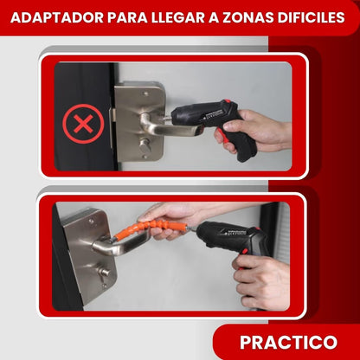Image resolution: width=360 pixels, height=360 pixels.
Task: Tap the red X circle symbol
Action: (x=83, y=124)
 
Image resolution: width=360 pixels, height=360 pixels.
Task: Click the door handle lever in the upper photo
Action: (x=160, y=127)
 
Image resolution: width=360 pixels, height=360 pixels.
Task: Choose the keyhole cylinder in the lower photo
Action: (x=103, y=277)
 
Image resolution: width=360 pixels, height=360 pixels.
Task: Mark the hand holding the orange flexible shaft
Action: (x=169, y=216)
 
